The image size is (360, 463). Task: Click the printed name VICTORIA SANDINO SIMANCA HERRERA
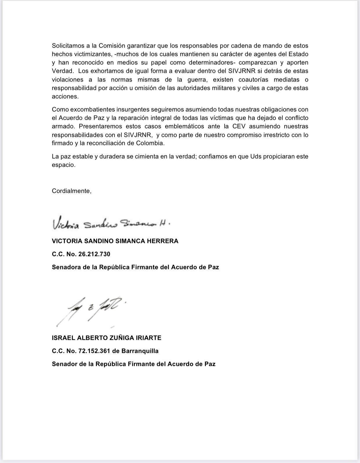115,241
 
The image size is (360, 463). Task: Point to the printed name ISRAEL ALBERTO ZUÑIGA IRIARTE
107,338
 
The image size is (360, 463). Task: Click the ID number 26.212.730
94,254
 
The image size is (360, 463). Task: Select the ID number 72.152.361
94,351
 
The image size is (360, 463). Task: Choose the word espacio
63,165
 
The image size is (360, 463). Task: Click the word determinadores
214,63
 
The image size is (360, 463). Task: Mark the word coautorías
253,79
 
